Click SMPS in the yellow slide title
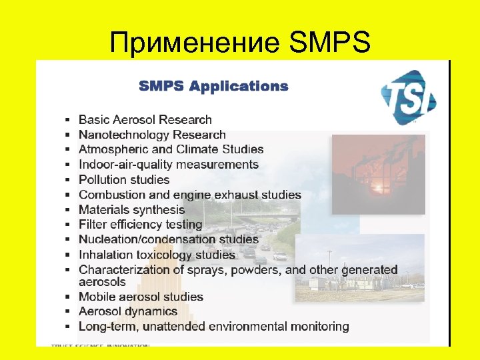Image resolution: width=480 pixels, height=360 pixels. click(x=330, y=42)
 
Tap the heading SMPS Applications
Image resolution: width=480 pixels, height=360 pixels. click(x=213, y=86)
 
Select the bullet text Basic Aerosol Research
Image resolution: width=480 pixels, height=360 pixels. click(x=145, y=120)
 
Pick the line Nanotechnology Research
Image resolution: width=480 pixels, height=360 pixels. click(x=152, y=135)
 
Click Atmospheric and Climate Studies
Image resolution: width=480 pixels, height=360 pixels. click(x=171, y=149)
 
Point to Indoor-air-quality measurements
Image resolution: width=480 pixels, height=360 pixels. click(x=168, y=165)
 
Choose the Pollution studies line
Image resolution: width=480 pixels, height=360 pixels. click(x=124, y=179)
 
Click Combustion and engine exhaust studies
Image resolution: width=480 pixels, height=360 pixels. click(x=189, y=195)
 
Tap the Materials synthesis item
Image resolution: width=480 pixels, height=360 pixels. click(x=131, y=209)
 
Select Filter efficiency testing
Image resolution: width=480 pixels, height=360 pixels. click(x=140, y=225)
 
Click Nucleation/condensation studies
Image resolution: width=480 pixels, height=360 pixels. click(x=168, y=239)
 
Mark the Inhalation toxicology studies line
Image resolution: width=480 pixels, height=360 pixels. click(x=157, y=255)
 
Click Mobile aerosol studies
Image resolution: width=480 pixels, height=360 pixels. click(x=141, y=297)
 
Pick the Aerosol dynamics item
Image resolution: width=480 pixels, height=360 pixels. click(x=128, y=311)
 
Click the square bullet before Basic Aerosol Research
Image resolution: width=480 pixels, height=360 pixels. click(x=68, y=121)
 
